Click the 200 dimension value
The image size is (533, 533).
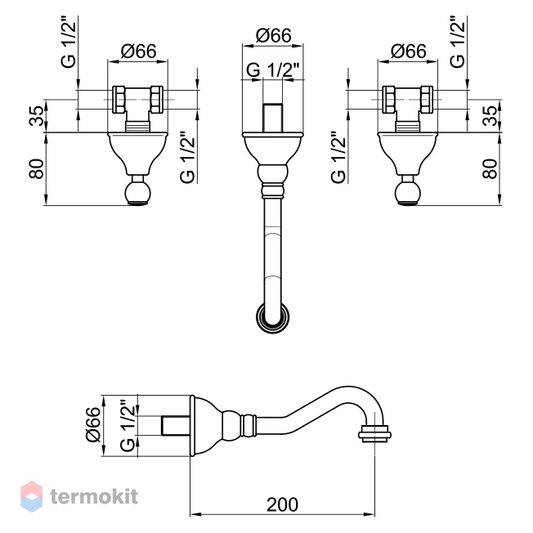click(x=282, y=504)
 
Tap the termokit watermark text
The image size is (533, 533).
click(x=95, y=496)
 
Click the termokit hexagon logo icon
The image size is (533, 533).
click(x=32, y=496)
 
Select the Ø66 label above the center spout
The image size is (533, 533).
click(x=273, y=35)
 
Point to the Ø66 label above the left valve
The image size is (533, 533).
click(x=138, y=52)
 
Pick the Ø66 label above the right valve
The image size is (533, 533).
click(x=408, y=52)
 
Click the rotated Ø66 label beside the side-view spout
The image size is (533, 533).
click(x=93, y=425)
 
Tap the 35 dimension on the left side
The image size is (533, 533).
click(x=37, y=116)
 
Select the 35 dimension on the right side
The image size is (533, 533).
click(x=490, y=116)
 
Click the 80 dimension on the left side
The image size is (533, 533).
click(x=37, y=169)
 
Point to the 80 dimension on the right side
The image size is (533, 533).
click(x=490, y=169)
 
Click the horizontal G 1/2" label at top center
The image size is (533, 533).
click(x=272, y=70)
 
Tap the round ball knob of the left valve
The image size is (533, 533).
click(x=137, y=193)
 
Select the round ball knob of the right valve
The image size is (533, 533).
click(x=408, y=193)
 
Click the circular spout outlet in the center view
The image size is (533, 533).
click(x=273, y=318)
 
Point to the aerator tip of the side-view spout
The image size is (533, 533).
click(x=375, y=434)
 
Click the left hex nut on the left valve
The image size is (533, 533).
click(x=119, y=100)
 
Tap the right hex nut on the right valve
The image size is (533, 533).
click(x=428, y=100)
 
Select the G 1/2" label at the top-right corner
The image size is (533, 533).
click(x=457, y=42)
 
